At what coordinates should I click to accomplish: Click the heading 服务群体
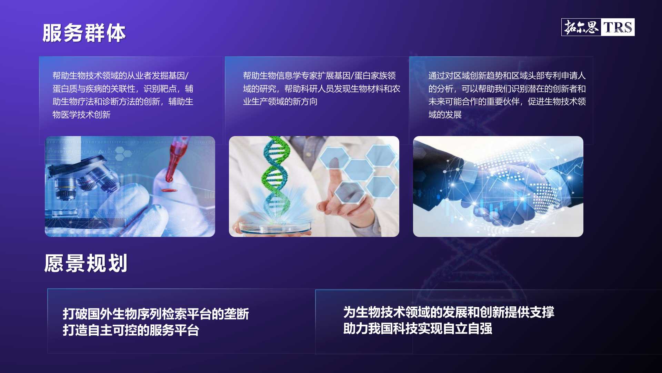[x=84, y=33]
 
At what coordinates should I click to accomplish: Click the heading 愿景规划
[x=86, y=263]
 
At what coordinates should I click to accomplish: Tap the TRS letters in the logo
[x=618, y=27]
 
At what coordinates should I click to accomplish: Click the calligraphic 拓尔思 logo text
[x=581, y=27]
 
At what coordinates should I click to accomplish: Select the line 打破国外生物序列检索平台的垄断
[x=156, y=314]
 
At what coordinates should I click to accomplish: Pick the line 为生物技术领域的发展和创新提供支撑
[x=449, y=312]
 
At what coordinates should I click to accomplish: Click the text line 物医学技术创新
[x=81, y=115]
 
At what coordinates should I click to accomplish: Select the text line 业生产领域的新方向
[x=280, y=102]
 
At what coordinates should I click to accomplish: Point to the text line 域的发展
[x=445, y=115]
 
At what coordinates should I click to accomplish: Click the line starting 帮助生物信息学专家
[x=319, y=76]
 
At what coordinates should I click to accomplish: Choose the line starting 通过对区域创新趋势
[x=507, y=76]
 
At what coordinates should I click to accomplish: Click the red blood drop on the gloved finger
[x=169, y=190]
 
